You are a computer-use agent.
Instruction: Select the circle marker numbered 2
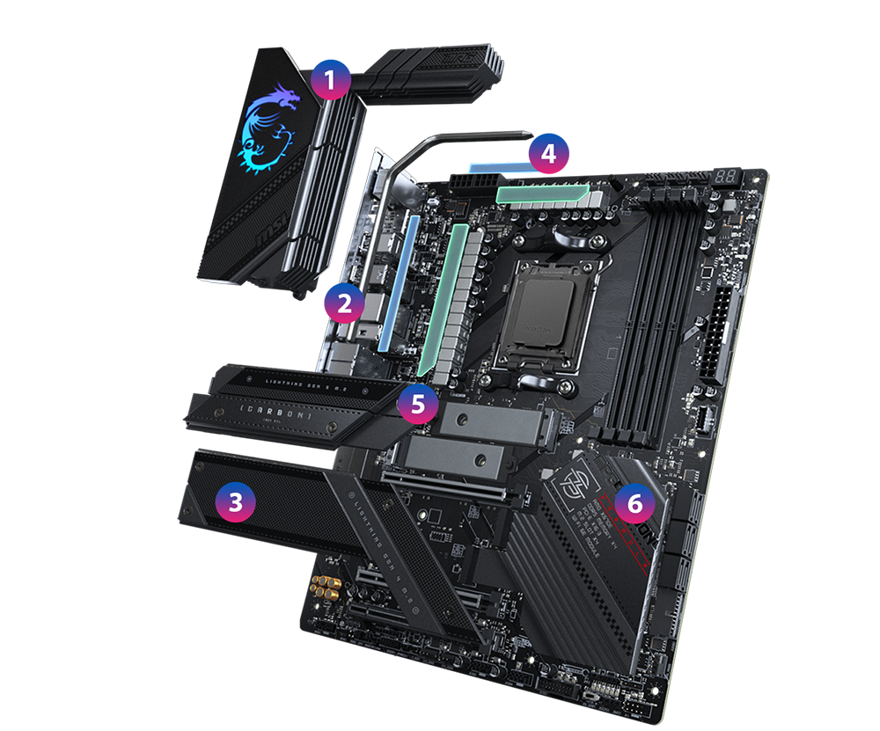(x=344, y=304)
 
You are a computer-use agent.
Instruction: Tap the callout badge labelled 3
(x=235, y=502)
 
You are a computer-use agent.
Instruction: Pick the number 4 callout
(x=548, y=154)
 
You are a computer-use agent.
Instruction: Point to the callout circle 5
(x=417, y=404)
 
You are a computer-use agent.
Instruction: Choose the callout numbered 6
(x=634, y=502)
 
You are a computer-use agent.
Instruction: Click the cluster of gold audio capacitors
(x=325, y=588)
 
